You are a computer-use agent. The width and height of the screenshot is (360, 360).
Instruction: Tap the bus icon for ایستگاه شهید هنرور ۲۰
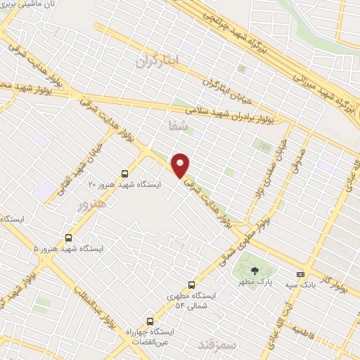pyautogui.click(x=125, y=173)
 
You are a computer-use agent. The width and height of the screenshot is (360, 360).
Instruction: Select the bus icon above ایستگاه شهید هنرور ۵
pyautogui.click(x=68, y=238)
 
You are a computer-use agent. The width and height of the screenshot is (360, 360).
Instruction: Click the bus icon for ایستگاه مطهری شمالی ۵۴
pyautogui.click(x=192, y=285)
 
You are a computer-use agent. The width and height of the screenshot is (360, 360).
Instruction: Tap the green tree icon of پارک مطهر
pyautogui.click(x=255, y=271)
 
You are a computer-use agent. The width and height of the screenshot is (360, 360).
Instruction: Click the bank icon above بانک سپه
pyautogui.click(x=301, y=274)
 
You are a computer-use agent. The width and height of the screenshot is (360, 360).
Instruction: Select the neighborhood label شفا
pyautogui.click(x=172, y=127)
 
